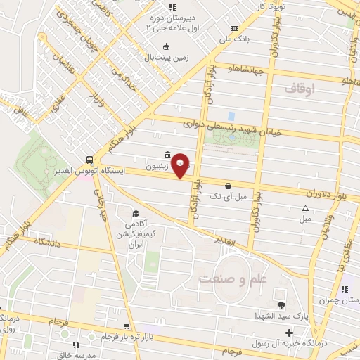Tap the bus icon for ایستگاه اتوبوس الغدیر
(89, 160)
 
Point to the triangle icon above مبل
(305, 208)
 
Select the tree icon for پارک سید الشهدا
(281, 304)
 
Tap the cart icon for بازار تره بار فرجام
(126, 326)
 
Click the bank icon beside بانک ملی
(234, 28)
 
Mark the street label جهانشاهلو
(245, 69)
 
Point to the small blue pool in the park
(231, 115)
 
